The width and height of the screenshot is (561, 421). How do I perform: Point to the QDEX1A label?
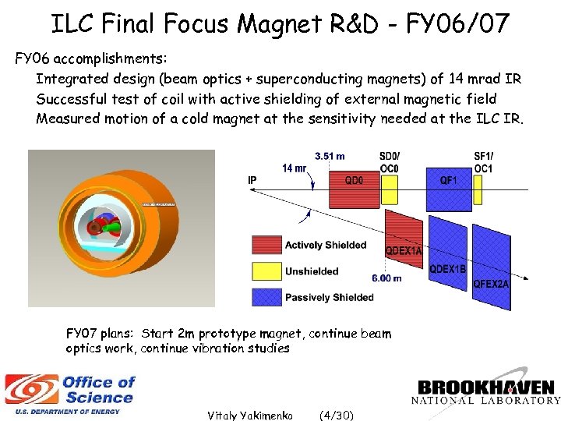click(x=404, y=250)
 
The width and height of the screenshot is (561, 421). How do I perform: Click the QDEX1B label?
click(x=448, y=269)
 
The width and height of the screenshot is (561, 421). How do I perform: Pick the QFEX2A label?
click(x=491, y=285)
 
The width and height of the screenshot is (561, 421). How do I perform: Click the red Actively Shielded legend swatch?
click(x=265, y=245)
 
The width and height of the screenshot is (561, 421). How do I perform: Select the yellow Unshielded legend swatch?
click(x=265, y=271)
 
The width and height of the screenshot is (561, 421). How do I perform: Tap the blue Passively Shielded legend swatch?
click(x=265, y=297)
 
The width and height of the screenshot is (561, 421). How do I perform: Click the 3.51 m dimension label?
click(x=330, y=156)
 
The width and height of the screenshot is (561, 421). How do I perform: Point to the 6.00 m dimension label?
click(x=386, y=278)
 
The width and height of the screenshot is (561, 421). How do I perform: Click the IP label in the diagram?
click(x=252, y=179)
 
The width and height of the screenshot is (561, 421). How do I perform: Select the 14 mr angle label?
click(x=294, y=168)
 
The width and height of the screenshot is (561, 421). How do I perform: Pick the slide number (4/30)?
click(x=337, y=415)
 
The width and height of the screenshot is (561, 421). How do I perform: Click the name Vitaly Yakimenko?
click(x=249, y=415)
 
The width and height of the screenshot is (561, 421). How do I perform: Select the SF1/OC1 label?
click(x=483, y=163)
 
